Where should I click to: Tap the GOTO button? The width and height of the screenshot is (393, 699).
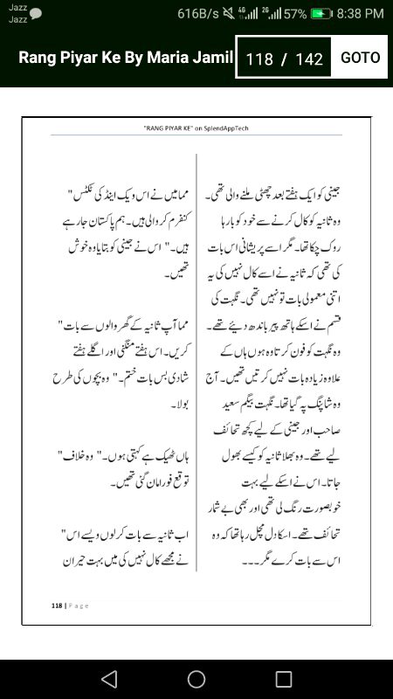(360, 58)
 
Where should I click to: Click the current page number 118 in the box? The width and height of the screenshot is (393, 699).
(259, 59)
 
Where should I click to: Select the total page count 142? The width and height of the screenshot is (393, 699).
(309, 59)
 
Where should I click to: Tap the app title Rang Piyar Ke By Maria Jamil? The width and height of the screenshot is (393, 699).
(126, 58)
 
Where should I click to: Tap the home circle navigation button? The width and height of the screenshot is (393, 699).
(196, 679)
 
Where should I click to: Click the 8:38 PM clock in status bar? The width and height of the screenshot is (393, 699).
(361, 13)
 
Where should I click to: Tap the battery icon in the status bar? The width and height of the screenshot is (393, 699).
(321, 13)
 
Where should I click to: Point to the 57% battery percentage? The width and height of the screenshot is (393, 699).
(295, 13)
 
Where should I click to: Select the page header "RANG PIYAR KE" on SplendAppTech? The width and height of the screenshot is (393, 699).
(196, 128)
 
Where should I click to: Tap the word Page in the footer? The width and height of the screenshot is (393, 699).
(77, 605)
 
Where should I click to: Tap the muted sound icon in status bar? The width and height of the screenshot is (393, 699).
(230, 13)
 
